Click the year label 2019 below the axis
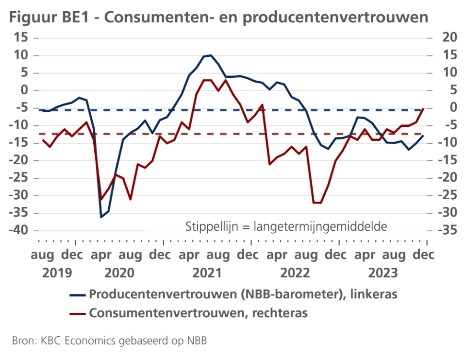click(x=57, y=272)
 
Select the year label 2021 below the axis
click(x=207, y=272)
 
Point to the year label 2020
click(x=119, y=272)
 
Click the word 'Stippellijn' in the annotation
click(x=209, y=227)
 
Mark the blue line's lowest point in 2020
click(x=101, y=217)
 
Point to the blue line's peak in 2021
click(x=210, y=55)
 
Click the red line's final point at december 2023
click(x=423, y=109)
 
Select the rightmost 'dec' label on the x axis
click(x=424, y=255)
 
